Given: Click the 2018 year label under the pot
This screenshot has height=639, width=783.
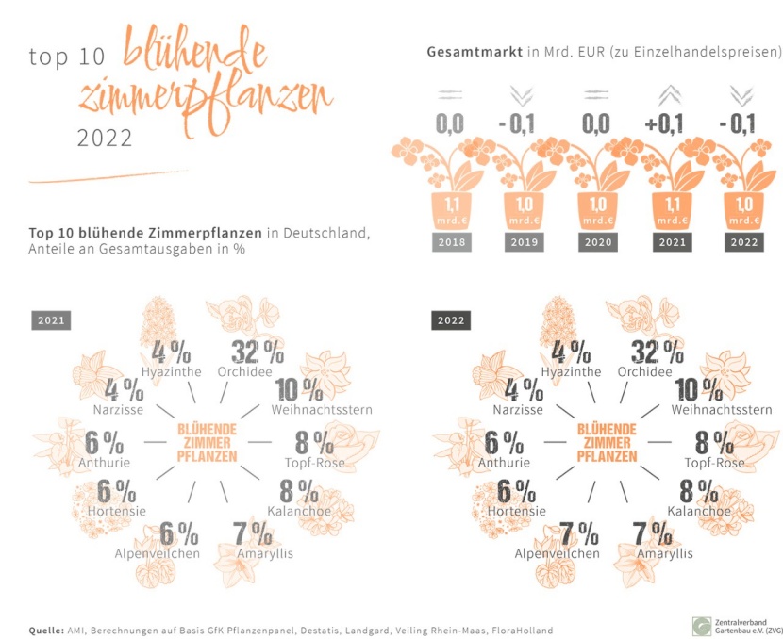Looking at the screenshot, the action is coord(452,242).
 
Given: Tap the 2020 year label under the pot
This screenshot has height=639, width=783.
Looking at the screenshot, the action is coord(598,242).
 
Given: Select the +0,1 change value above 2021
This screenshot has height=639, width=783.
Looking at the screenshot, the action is coord(664,123).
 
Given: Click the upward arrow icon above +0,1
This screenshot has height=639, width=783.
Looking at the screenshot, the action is coord(669,95).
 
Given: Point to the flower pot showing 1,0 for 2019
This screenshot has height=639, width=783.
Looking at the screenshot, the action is coord(525,210).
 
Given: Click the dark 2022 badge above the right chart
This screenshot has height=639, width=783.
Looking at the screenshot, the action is coord(451,320).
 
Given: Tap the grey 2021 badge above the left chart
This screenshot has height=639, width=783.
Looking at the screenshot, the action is coord(51,320).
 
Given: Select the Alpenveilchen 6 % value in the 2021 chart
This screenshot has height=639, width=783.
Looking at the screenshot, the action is coord(179,533).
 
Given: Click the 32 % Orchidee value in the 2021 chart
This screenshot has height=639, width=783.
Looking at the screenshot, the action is coord(258,352).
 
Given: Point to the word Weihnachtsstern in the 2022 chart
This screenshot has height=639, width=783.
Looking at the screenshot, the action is coord(721,410).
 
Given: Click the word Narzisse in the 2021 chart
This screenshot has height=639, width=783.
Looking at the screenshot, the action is coord(118,410).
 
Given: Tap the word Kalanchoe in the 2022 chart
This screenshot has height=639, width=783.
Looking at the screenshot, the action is coord(699,512).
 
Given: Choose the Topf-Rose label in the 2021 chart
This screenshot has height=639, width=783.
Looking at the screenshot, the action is coord(314,463).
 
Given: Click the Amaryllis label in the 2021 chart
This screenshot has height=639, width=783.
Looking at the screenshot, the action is coord(265,553).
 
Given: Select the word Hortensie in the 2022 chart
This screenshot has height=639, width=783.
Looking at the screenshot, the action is coord(516,512).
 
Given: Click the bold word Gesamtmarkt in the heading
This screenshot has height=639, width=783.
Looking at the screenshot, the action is coord(475,52).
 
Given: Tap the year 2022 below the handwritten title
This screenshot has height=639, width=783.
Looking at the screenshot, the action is coord(105,139).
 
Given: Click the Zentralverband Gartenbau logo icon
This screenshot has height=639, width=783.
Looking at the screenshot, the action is coord(702,627).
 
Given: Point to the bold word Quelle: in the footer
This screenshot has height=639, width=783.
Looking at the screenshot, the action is coord(46,631).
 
